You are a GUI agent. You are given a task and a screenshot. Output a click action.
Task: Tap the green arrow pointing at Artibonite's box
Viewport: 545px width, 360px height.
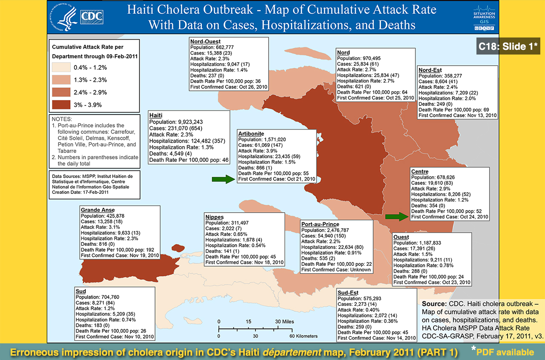pyautogui.click(x=223, y=179)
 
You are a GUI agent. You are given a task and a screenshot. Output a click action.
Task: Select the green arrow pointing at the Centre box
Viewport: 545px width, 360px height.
pyautogui.click(x=396, y=216)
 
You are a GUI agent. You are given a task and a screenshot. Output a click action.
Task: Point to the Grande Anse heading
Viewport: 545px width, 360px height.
pyautogui.click(x=97, y=210)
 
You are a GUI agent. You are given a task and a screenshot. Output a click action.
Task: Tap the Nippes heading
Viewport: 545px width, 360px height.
pyautogui.click(x=215, y=217)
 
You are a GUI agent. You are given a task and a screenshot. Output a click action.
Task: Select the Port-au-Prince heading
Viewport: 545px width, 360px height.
pyautogui.click(x=320, y=224)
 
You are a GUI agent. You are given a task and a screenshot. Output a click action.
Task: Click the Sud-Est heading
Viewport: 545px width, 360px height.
pyautogui.click(x=348, y=293)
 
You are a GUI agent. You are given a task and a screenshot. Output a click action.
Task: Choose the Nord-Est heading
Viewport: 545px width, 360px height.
pyautogui.click(x=430, y=70)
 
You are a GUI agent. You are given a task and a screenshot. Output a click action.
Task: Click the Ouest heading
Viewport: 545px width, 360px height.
pyautogui.click(x=401, y=237)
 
